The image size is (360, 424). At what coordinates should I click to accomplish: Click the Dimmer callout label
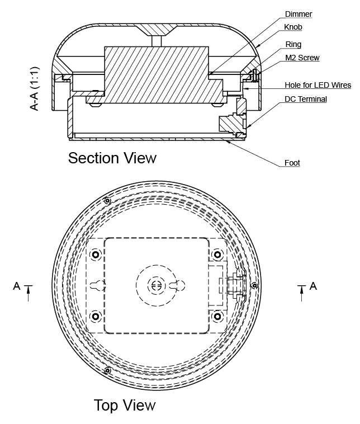(x=299, y=14)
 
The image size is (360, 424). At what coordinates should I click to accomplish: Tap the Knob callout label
(x=293, y=27)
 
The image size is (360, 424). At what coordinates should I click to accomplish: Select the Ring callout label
(x=293, y=44)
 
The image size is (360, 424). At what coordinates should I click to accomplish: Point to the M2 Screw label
(x=302, y=58)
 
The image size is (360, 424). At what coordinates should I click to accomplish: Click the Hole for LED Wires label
(x=318, y=85)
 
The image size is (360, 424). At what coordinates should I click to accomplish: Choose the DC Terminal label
(x=306, y=99)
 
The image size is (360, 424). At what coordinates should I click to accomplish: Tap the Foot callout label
(x=292, y=163)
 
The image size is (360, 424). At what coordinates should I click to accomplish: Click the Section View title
(x=112, y=158)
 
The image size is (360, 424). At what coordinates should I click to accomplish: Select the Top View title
(x=125, y=405)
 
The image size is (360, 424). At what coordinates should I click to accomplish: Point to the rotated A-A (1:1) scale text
(x=35, y=89)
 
